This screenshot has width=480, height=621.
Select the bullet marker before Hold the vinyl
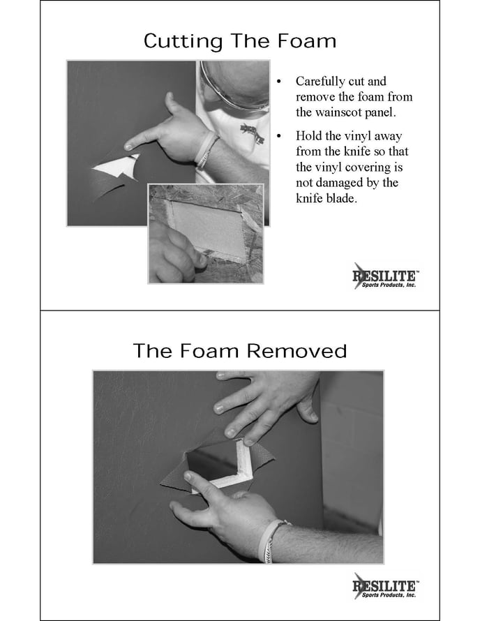click(x=279, y=136)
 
